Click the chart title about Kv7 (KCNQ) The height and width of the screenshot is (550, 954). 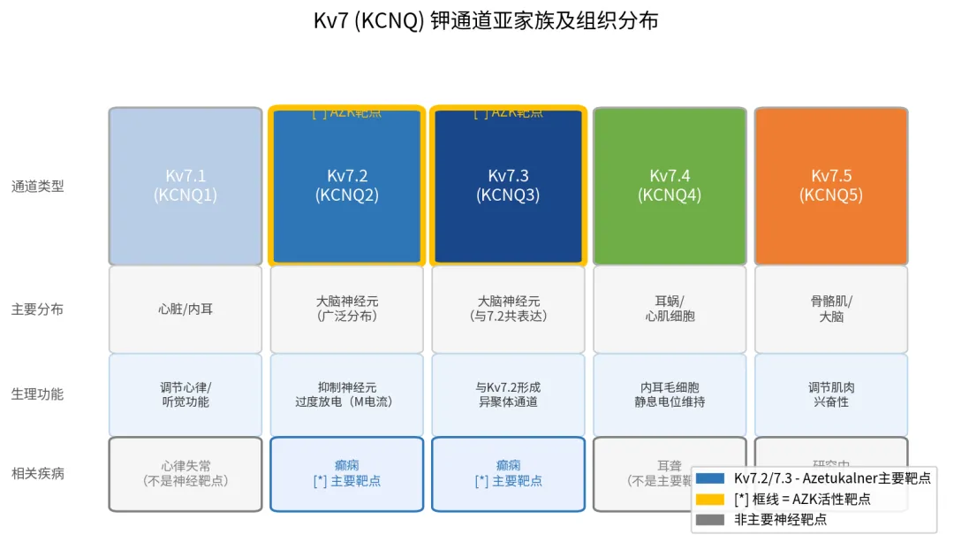coord(486,21)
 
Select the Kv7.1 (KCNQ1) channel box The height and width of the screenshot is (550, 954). coord(185,186)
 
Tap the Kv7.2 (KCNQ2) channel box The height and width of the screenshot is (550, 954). coord(347,186)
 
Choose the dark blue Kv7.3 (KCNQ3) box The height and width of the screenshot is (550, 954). coord(508,186)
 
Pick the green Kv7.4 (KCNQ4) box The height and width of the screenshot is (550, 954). coord(670,186)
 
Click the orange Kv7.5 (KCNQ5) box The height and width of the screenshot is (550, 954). coord(831,186)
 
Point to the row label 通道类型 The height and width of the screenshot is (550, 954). coord(37,187)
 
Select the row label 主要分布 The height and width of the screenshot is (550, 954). coord(37,309)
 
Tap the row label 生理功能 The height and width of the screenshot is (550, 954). coord(37,394)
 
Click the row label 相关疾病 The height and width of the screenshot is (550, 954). coord(37,473)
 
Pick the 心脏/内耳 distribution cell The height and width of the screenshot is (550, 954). coord(185,309)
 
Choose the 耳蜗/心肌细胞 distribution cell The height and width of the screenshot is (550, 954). coord(670,309)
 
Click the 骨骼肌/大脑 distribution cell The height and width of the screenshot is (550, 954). coord(831,309)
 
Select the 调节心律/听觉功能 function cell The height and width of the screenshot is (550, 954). coord(185,394)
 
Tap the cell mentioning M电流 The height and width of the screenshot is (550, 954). coord(347,394)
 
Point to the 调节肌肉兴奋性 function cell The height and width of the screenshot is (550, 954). coord(831,394)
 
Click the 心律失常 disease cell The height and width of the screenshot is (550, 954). coord(185,473)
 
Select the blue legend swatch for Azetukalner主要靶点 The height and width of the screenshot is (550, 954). coord(709,478)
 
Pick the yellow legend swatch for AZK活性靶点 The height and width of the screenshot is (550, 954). coord(709,499)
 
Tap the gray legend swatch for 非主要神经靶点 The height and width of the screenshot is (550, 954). coord(709,520)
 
